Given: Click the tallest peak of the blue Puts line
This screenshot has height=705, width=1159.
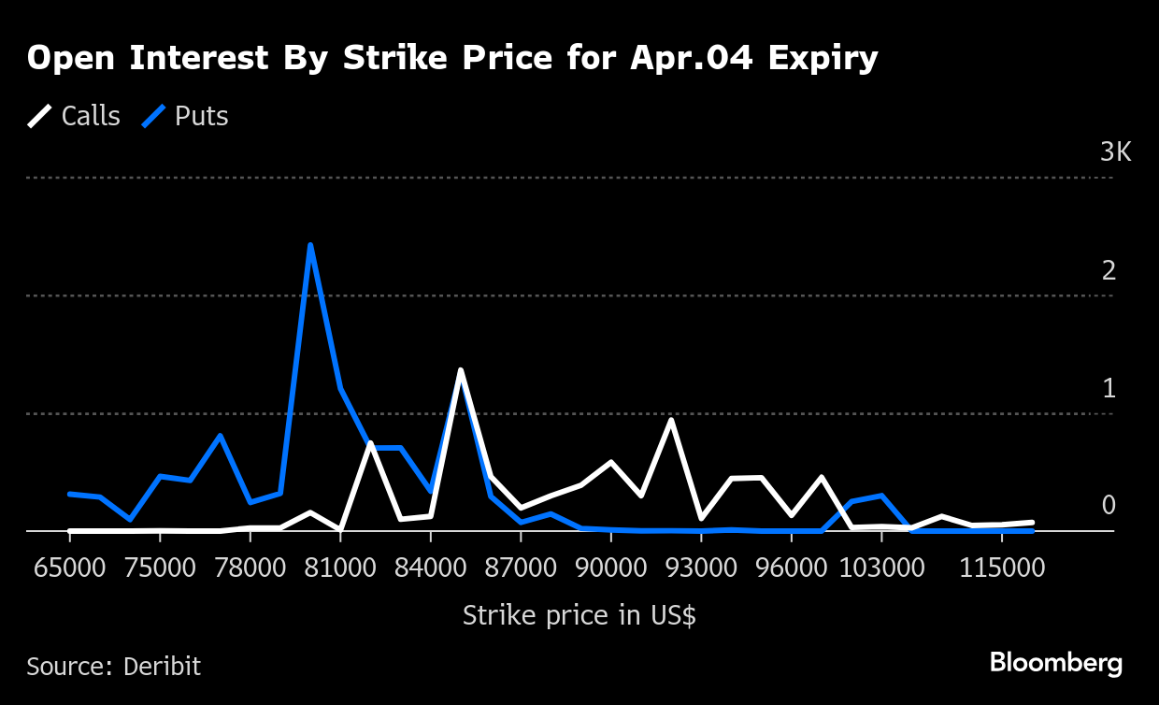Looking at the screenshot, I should (310, 246).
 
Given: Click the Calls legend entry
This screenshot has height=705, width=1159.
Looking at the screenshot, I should (74, 116).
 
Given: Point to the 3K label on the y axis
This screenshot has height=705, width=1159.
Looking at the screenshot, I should (1115, 152).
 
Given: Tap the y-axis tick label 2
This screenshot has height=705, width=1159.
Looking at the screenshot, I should (1109, 270).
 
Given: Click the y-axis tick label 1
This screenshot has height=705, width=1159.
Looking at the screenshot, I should (1109, 388).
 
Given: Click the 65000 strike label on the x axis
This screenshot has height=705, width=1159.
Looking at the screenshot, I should (69, 569).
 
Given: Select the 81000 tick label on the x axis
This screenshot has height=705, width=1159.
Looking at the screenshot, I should (340, 569).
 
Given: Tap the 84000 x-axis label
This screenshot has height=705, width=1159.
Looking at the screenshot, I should (430, 569).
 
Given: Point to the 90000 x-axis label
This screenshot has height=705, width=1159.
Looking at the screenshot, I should (610, 569).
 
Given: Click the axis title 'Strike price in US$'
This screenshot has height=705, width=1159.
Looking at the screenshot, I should (579, 616).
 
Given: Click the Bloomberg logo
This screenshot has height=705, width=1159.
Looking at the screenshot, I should (1056, 663).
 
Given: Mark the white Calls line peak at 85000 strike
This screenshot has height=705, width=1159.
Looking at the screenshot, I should (461, 371).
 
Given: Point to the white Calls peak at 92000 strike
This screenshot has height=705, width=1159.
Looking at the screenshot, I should (671, 421).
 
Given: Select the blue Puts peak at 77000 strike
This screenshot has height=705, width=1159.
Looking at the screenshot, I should (221, 436).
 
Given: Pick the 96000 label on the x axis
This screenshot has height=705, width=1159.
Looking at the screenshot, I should (791, 569).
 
